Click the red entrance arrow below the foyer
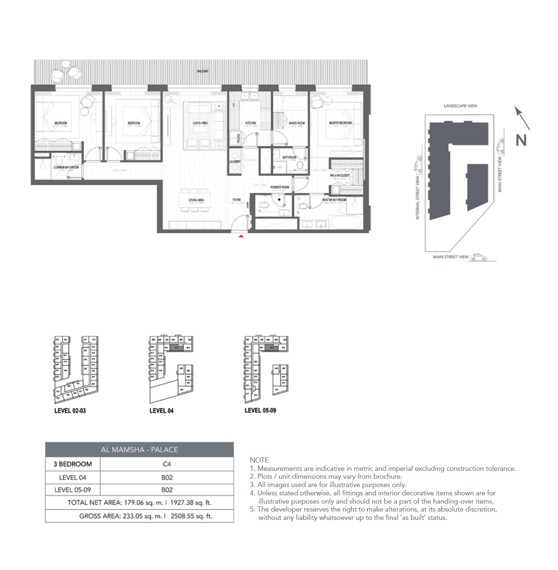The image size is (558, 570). point(241,236)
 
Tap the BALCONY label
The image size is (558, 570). point(203,71)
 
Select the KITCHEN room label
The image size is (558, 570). point(250,123)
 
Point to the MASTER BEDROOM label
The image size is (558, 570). point(340,123)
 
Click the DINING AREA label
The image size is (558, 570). point(196,200)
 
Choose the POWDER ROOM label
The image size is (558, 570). point(280,187)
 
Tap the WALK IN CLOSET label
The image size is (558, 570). point(340,175)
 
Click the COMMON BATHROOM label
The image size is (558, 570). point(66,168)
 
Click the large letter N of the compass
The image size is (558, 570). point(521,140)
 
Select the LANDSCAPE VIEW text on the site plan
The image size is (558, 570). point(460,106)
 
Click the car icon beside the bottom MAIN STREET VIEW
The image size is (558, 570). point(478,257)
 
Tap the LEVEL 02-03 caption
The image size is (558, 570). point(70,411)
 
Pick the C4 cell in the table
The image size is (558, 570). point(167,464)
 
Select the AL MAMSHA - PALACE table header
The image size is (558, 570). point(139,450)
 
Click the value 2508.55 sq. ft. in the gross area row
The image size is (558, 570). point(191,516)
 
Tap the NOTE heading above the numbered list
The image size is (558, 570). point(259,460)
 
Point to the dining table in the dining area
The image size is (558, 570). point(196,201)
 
